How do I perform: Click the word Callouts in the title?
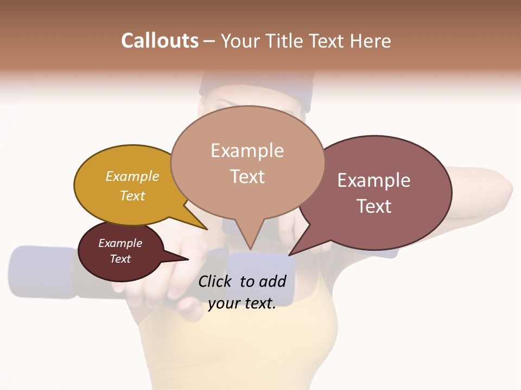click(x=160, y=41)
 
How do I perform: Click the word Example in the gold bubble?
click(x=132, y=176)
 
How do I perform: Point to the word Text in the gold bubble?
click(x=132, y=196)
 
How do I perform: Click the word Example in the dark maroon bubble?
click(x=120, y=243)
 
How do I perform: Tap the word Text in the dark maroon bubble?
click(x=120, y=259)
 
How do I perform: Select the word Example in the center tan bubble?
click(x=247, y=151)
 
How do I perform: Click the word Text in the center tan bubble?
click(x=247, y=177)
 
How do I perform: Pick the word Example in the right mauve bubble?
click(x=374, y=180)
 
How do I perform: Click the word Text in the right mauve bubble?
click(x=374, y=206)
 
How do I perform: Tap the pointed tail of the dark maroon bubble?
click(x=185, y=259)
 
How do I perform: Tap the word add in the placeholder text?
click(x=272, y=281)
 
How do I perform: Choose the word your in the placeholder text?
click(x=223, y=303)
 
